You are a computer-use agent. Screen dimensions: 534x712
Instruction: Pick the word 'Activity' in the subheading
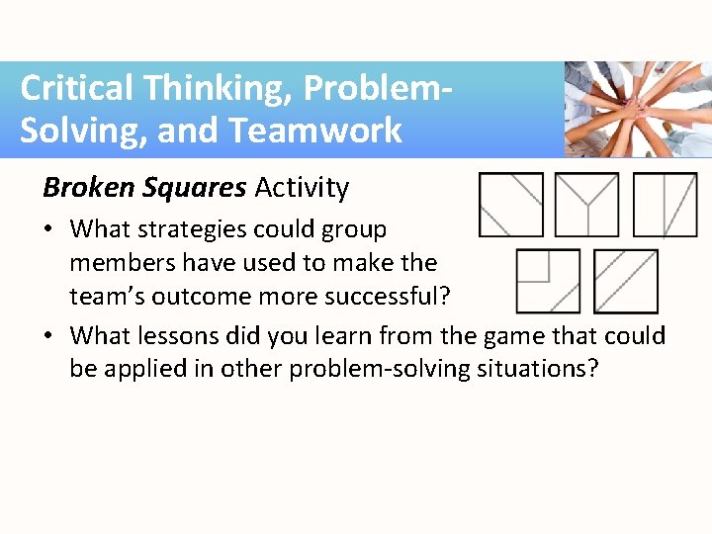[x=302, y=187]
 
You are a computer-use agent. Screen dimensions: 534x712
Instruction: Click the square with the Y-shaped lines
[x=587, y=205]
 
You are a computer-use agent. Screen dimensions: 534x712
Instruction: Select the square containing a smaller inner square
[x=548, y=281]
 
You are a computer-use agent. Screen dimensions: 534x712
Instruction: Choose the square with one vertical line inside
[x=665, y=205]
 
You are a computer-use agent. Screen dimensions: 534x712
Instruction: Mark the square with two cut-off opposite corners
[x=510, y=205]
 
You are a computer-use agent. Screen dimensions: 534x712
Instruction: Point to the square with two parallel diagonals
[x=625, y=281]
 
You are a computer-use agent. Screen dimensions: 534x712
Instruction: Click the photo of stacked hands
[x=637, y=109]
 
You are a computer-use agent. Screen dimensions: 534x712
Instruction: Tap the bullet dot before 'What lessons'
[x=48, y=337]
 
